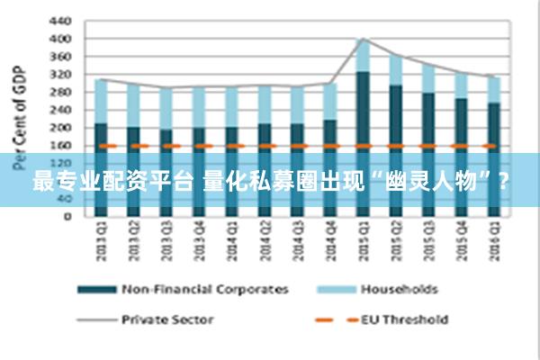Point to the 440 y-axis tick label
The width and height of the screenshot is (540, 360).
point(58,21)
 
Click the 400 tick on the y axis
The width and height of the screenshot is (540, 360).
point(58,39)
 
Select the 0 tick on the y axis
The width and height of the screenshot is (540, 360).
point(65,216)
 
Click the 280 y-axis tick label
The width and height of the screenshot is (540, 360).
point(58,92)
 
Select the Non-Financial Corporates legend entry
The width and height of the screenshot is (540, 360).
point(205,290)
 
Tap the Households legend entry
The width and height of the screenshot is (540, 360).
point(399,290)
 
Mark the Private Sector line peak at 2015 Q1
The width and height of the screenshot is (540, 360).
point(362,39)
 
